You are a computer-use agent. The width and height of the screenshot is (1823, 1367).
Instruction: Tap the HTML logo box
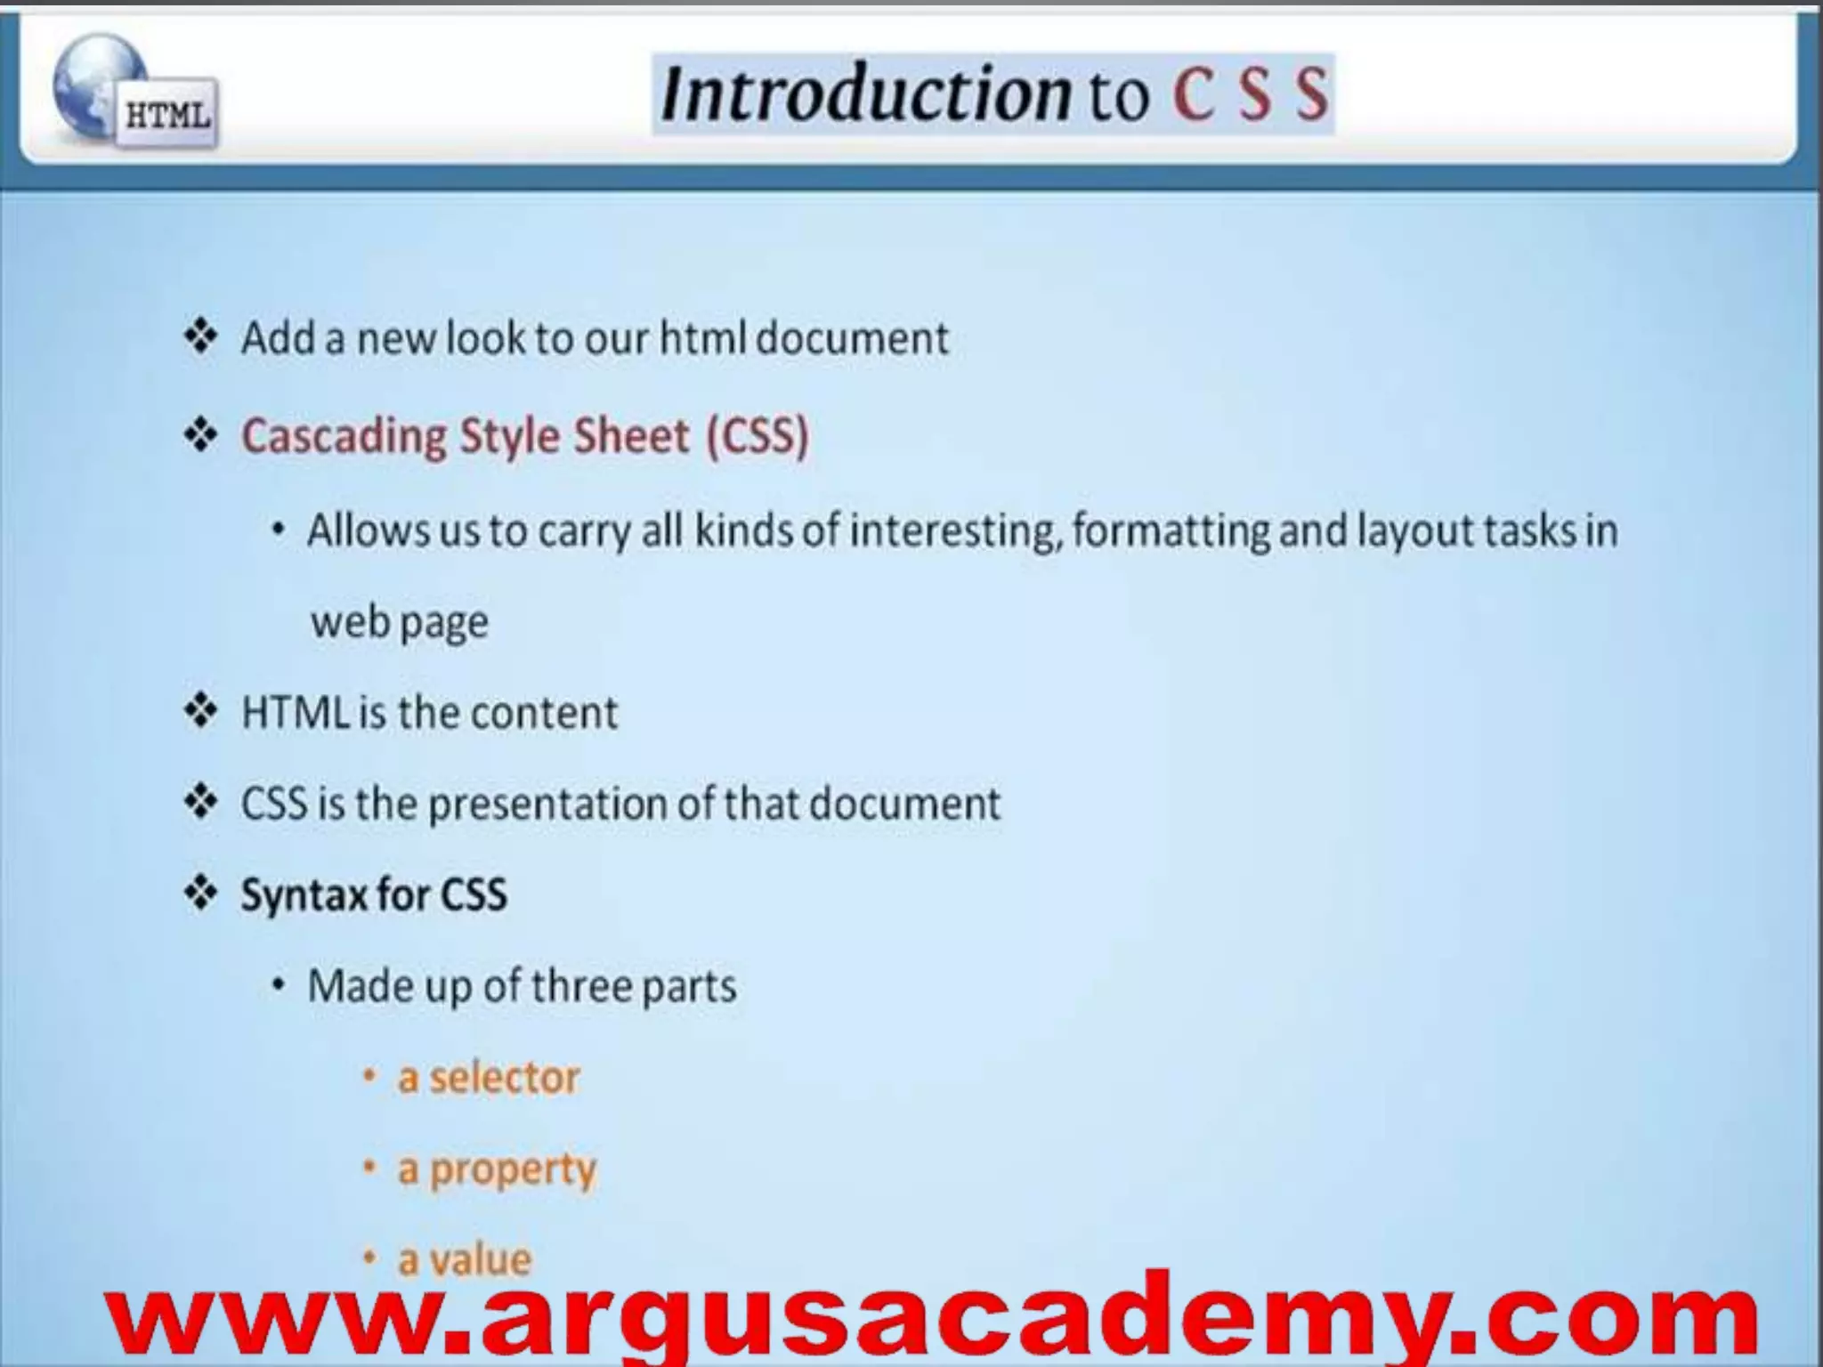(167, 115)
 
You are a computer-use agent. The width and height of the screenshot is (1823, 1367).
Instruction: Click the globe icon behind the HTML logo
(89, 80)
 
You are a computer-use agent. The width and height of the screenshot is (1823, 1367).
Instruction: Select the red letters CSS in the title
(1251, 94)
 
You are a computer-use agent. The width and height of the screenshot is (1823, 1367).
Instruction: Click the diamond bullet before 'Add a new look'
(201, 337)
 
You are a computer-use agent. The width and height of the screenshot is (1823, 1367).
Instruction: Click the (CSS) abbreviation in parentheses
(758, 437)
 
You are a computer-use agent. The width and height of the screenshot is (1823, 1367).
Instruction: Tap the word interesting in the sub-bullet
(956, 530)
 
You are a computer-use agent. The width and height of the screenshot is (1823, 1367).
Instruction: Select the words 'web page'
(400, 622)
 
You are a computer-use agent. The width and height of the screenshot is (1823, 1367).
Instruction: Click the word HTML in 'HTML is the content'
(295, 713)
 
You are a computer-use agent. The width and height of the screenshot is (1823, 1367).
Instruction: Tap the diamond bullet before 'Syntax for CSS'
(201, 894)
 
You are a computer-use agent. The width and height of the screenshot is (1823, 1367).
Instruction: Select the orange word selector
(504, 1078)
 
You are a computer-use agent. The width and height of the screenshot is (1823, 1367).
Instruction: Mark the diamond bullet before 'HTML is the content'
(201, 712)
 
